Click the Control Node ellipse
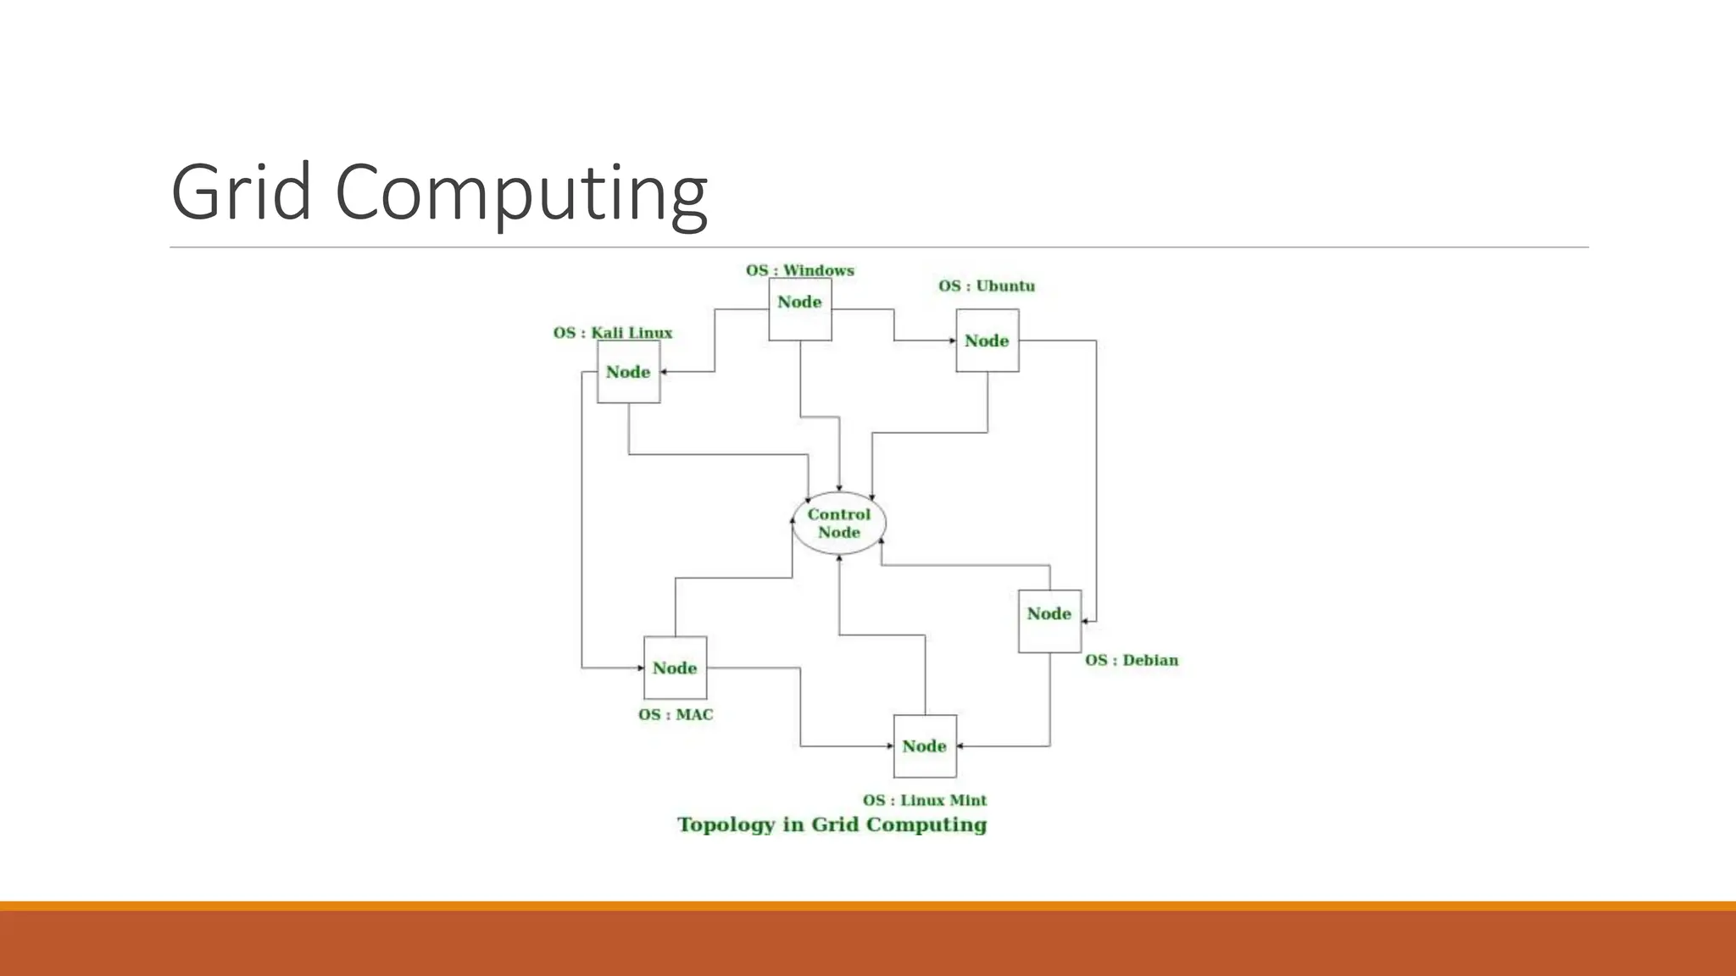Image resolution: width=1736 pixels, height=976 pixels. pos(839,523)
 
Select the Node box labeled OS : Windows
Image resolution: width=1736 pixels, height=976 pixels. pos(799,309)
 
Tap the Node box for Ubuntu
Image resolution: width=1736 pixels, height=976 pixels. pos(988,340)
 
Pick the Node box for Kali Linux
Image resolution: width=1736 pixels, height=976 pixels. pos(628,371)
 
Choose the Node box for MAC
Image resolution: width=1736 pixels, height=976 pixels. pos(675,668)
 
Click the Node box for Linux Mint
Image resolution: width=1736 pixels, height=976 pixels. pos(925,746)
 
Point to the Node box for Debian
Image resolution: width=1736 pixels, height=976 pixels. pos(1049,620)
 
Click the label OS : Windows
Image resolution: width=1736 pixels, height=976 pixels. pos(799,270)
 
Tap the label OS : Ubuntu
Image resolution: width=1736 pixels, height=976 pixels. pos(986,286)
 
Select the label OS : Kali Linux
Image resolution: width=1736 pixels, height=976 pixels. pos(612,332)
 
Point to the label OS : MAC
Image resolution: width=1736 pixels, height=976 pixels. pos(676,714)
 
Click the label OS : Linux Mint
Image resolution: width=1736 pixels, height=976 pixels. pos(924,800)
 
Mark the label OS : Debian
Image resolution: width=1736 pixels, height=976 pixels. pos(1131,660)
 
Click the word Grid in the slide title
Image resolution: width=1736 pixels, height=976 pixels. pos(242,192)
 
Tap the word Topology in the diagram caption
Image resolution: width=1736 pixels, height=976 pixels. pos(726,824)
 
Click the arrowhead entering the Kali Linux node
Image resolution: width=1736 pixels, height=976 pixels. pos(665,371)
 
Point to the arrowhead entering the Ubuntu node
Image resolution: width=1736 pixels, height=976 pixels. pos(952,341)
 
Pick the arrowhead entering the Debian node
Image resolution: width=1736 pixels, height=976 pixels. pos(1085,621)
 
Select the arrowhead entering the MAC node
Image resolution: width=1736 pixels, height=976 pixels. pos(640,668)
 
